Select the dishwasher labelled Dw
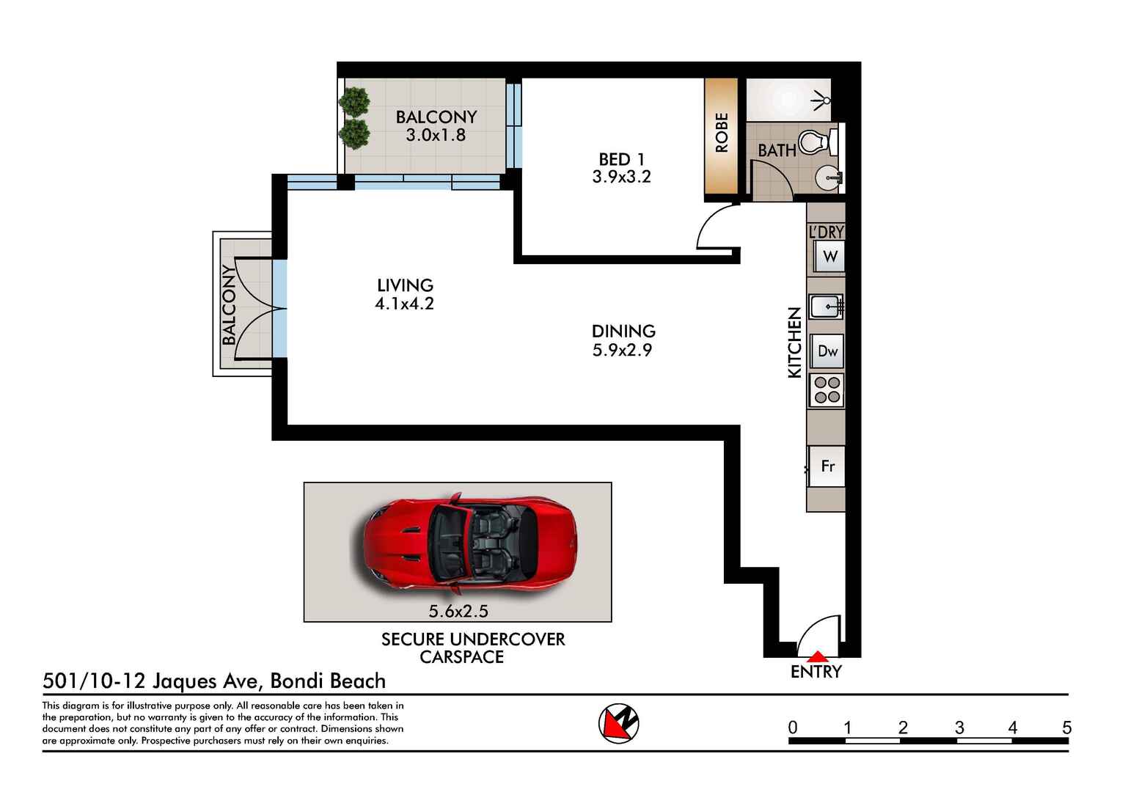pos(827,351)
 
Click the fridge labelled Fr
pos(827,466)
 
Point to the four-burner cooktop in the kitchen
pos(827,390)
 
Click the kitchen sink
pos(826,306)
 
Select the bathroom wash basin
pos(830,177)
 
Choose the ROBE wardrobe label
pos(722,133)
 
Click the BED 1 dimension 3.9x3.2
pos(621,177)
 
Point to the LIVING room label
pos(405,285)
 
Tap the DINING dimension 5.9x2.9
pos(622,351)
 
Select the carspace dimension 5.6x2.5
pos(458,611)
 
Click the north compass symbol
pos(618,723)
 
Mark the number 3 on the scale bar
pos(959,728)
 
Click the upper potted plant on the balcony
pos(355,102)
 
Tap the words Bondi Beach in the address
pos(328,681)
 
